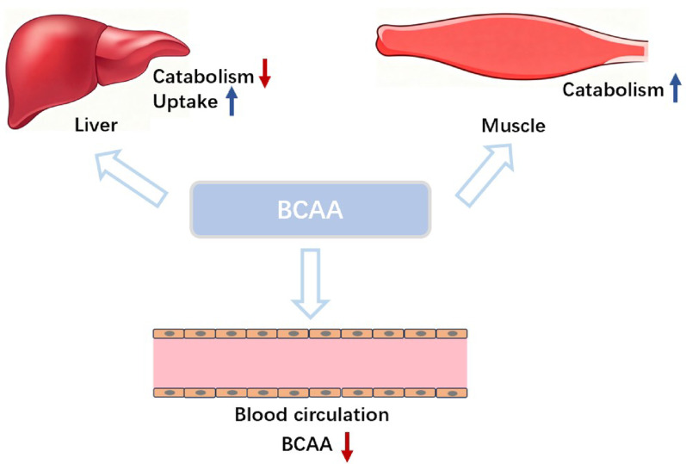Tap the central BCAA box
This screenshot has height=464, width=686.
click(311, 210)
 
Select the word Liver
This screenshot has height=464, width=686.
click(96, 125)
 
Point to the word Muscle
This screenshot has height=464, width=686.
click(513, 126)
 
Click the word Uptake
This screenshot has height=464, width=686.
click(185, 102)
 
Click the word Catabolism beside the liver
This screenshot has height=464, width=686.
click(203, 77)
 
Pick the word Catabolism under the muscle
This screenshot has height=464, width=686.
click(613, 90)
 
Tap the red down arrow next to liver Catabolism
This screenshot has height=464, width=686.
click(265, 72)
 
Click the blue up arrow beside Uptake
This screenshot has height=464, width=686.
click(232, 101)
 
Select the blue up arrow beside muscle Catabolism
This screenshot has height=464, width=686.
click(676, 88)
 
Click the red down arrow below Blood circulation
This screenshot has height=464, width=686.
click(347, 447)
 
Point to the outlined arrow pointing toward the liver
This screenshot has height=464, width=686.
click(130, 176)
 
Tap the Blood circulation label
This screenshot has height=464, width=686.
click(312, 415)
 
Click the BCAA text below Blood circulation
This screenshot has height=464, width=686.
click(307, 445)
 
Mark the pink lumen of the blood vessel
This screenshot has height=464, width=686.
click(310, 363)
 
